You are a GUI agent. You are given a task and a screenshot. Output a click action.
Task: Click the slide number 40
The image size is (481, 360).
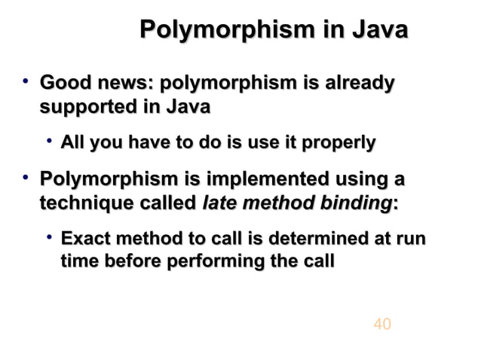(382, 324)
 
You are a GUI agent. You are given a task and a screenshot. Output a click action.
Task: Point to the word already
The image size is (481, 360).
(356, 84)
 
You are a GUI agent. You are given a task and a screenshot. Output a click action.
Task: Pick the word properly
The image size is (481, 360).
(339, 142)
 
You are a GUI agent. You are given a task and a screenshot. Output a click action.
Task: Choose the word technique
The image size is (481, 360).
(81, 203)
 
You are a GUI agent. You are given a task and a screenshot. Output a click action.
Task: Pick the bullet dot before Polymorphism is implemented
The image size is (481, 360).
(26, 178)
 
